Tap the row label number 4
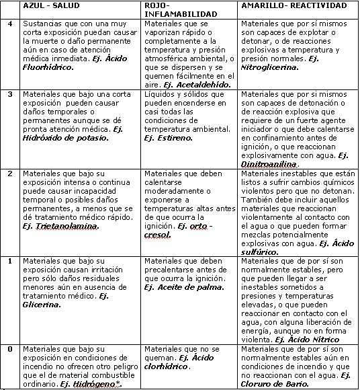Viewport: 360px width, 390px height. [9, 24]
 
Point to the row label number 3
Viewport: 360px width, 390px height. [9, 93]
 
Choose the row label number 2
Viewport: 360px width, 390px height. [9, 173]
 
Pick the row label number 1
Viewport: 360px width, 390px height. [9, 260]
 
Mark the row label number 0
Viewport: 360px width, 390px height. [9, 349]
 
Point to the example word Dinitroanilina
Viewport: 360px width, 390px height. [268, 163]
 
